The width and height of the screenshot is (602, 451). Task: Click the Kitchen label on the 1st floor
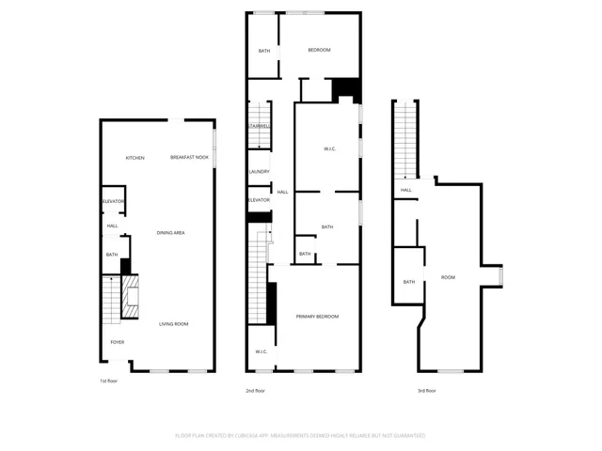pyautogui.click(x=135, y=158)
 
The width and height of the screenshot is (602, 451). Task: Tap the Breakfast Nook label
pyautogui.click(x=189, y=158)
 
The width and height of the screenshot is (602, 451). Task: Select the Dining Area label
pyautogui.click(x=169, y=232)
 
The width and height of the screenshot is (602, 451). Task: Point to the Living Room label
pyautogui.click(x=173, y=324)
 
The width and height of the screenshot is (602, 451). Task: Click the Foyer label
pyautogui.click(x=117, y=342)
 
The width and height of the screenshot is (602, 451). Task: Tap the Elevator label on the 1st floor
pyautogui.click(x=113, y=202)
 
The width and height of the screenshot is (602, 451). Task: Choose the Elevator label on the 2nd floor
pyautogui.click(x=259, y=200)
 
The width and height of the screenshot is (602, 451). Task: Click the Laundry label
pyautogui.click(x=260, y=172)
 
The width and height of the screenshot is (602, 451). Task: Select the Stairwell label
pyautogui.click(x=259, y=126)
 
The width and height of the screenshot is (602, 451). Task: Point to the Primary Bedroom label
pyautogui.click(x=317, y=317)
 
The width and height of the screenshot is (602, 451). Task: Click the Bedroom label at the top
pyautogui.click(x=320, y=50)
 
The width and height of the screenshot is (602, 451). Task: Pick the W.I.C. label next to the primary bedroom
pyautogui.click(x=261, y=352)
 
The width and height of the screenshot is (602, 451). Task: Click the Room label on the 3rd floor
pyautogui.click(x=448, y=277)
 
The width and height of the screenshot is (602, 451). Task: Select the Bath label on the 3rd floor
pyautogui.click(x=409, y=282)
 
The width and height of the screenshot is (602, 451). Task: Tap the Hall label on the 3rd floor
pyautogui.click(x=406, y=191)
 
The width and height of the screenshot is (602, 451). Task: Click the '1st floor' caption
pyautogui.click(x=109, y=381)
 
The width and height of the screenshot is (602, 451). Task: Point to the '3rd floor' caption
pyautogui.click(x=428, y=390)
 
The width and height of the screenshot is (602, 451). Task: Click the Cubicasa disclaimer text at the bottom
pyautogui.click(x=301, y=436)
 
